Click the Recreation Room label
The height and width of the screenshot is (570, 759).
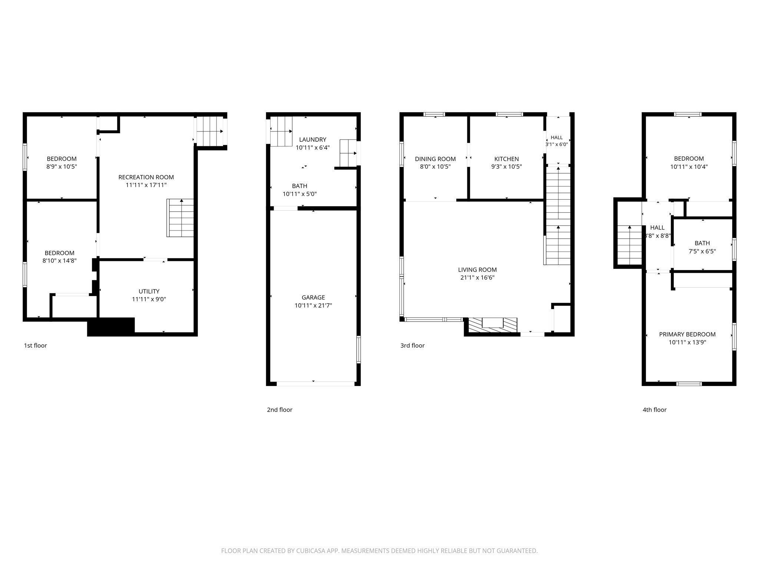pos(146,177)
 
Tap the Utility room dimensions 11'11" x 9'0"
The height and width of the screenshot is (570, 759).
pos(149,299)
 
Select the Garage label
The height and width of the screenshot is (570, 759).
pos(313,297)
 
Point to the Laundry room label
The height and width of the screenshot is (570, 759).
pos(313,140)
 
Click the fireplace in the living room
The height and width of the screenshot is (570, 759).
pos(493,325)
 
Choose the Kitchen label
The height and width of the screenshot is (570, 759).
pos(507,159)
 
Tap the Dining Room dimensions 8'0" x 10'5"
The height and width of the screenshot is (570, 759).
pos(435,167)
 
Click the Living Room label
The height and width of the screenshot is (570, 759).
pos(477,270)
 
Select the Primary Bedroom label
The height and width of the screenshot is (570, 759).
pos(687,334)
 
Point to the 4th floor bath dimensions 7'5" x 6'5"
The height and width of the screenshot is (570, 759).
pos(702,251)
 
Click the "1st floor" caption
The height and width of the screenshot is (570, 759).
pos(36,345)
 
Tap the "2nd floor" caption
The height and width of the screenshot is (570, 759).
pos(280,410)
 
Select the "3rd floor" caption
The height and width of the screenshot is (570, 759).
pos(412,345)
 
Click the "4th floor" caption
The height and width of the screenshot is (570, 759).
pos(654,410)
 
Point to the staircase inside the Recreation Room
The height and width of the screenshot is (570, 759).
pos(180,218)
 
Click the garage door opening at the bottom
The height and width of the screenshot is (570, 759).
pos(315,384)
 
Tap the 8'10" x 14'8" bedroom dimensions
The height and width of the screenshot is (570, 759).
pos(60,261)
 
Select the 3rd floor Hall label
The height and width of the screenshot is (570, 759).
pos(557,138)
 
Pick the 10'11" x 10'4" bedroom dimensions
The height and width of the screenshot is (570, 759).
pos(689,167)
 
